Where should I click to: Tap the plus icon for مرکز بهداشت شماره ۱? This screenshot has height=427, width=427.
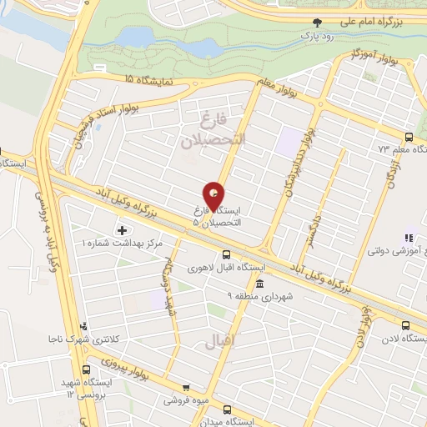123,229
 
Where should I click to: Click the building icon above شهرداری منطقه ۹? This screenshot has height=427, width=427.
259,284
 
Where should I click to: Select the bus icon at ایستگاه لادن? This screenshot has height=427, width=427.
406,326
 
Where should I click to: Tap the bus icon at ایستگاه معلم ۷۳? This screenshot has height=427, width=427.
408,138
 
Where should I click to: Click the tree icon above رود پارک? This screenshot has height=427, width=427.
315,23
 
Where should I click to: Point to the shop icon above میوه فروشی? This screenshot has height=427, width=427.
186,387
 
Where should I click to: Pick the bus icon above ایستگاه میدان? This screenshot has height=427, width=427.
229,409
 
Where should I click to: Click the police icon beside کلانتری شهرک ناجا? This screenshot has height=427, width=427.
83,327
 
